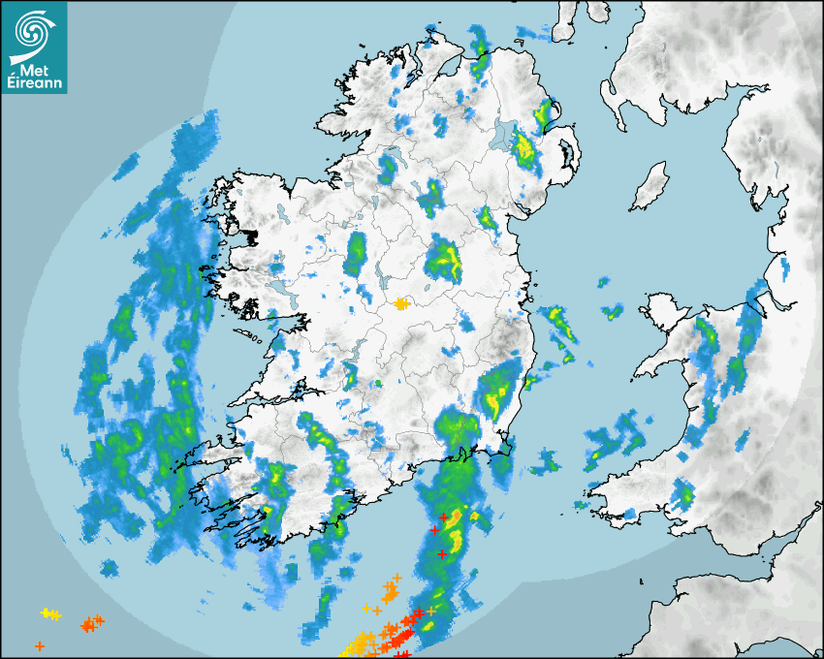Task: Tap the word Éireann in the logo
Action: (34, 84)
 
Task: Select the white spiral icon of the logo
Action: (35, 33)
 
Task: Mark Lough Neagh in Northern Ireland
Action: (505, 135)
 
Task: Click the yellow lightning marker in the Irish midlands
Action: (401, 304)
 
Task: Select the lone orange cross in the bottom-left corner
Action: (39, 645)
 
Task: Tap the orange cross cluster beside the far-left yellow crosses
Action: (92, 623)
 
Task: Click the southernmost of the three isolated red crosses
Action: (442, 554)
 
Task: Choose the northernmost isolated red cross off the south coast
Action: (443, 518)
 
